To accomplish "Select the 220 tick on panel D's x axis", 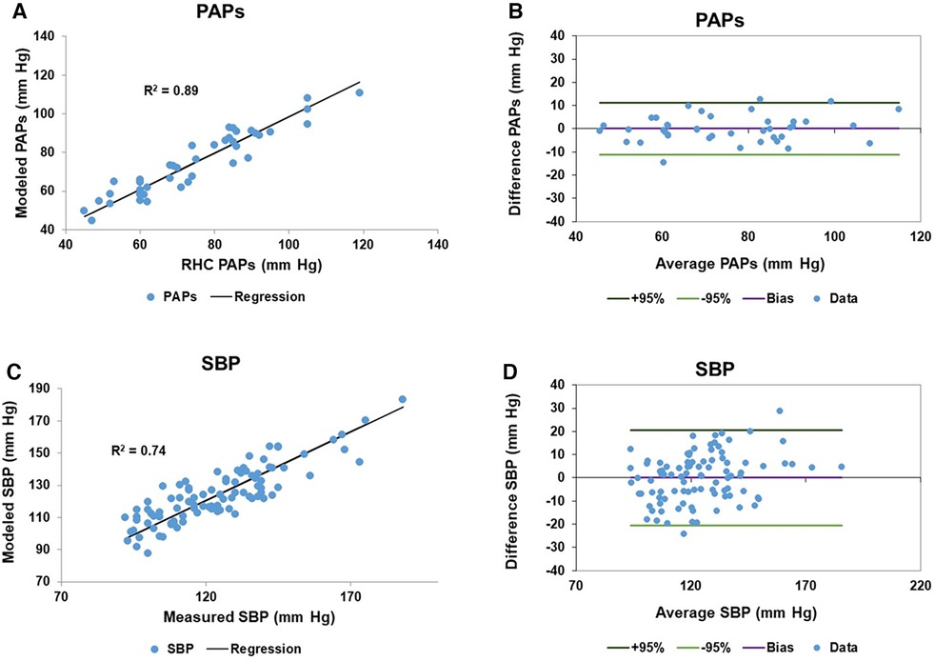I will click(919, 588).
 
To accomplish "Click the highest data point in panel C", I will click(402, 399).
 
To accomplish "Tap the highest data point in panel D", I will click(780, 411).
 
